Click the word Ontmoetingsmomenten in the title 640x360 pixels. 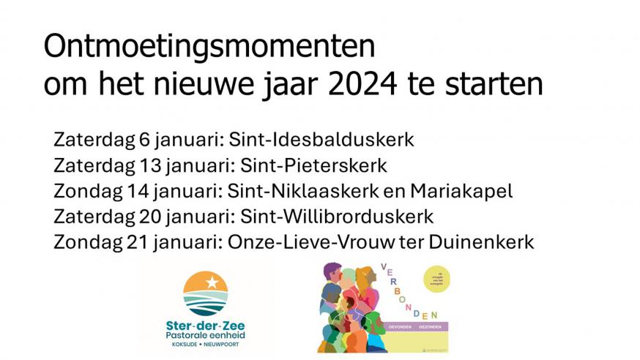pos(209,47)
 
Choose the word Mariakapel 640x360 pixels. pos(461,191)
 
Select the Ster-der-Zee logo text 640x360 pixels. pos(206,324)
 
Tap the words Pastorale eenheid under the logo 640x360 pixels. pos(206,335)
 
